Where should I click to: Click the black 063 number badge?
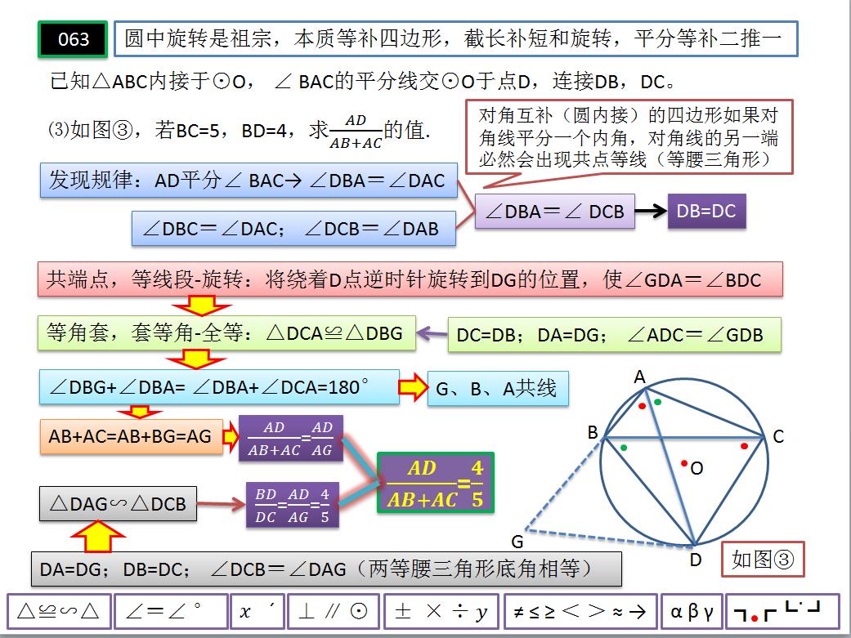[74, 39]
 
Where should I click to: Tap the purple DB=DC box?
[706, 211]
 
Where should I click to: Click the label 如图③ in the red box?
[763, 560]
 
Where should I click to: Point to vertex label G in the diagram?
[517, 542]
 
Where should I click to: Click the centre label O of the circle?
[696, 468]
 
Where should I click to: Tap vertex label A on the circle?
[640, 377]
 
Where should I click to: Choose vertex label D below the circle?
[696, 560]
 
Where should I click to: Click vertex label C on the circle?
[778, 437]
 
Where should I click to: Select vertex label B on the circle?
[593, 433]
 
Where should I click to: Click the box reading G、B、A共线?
[496, 389]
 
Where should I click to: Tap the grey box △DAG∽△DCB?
[118, 505]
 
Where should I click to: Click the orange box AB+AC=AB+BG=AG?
[130, 436]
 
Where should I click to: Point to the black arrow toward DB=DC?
[650, 211]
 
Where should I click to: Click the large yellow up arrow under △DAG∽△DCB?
[99, 537]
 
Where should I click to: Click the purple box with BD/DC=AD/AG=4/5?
[292, 505]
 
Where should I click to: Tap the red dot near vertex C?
[745, 446]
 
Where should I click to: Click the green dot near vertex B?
[625, 447]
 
